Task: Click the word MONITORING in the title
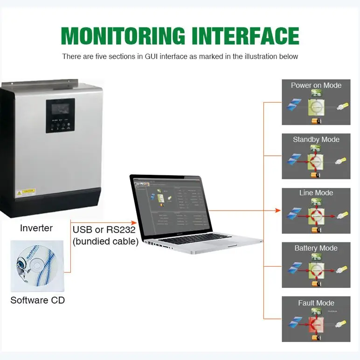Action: (x=123, y=36)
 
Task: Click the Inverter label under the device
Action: (x=36, y=228)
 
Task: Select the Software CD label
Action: (x=37, y=300)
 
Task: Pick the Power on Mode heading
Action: (x=316, y=85)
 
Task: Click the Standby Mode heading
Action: (x=316, y=139)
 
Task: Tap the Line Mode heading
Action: (x=316, y=193)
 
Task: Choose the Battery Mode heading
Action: (x=316, y=248)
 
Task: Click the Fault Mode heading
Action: (x=316, y=303)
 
